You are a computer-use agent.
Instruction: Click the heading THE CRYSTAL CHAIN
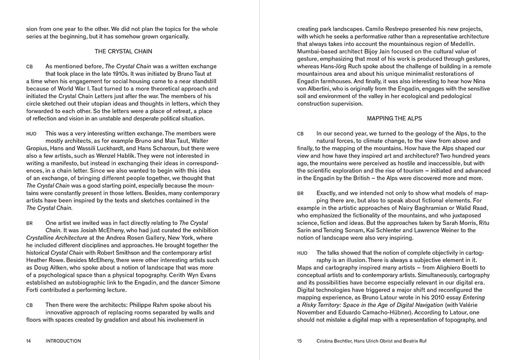(x=123, y=51)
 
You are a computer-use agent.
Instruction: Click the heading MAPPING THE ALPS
(x=394, y=119)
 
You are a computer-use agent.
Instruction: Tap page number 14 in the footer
(x=29, y=341)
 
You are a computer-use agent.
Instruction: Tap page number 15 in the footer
(x=299, y=341)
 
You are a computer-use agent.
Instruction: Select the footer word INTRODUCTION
(x=63, y=341)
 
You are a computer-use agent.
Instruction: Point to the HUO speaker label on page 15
(x=302, y=253)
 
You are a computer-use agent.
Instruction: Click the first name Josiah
(x=74, y=230)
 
